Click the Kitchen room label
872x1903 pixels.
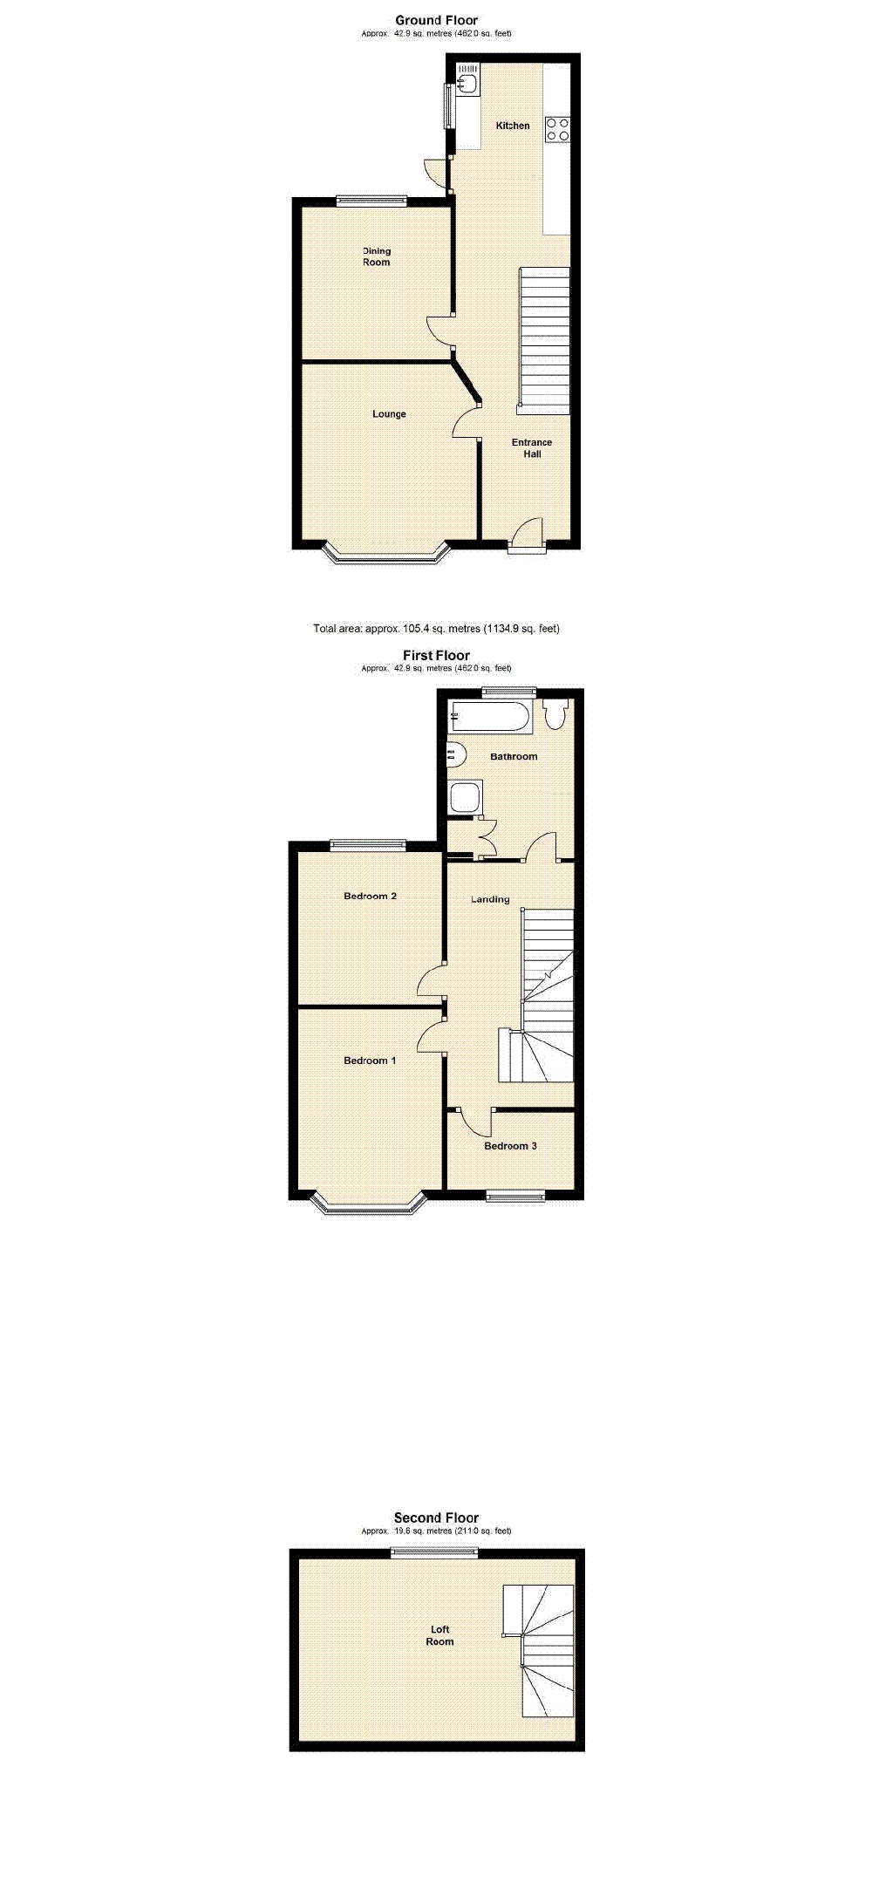coord(513,126)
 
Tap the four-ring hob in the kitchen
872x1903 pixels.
coord(557,129)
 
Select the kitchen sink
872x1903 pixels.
coord(467,84)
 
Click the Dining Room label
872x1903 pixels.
coord(377,256)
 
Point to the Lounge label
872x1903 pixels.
coord(389,414)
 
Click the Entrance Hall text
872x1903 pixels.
coord(532,448)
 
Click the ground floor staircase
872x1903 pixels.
coord(544,340)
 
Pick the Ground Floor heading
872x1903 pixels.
coord(436,20)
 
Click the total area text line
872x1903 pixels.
coord(436,628)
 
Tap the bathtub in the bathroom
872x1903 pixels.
coord(489,719)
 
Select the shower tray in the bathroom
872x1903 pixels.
coord(465,797)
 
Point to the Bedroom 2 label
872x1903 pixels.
coord(370,896)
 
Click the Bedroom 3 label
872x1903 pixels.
coord(510,1146)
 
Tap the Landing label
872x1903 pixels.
coord(490,899)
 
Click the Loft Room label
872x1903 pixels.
coord(439,1635)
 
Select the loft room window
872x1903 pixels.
coord(434,1552)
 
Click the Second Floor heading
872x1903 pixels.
coord(436,1518)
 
